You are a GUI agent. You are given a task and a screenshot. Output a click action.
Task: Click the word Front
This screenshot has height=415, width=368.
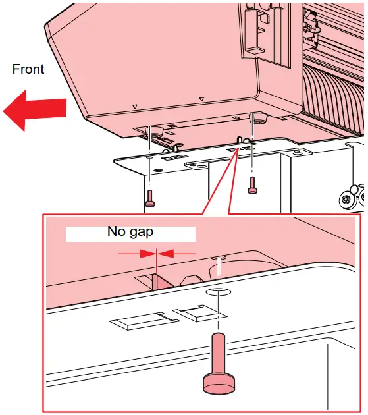(28, 69)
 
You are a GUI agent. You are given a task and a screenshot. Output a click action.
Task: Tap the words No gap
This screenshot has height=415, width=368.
(130, 232)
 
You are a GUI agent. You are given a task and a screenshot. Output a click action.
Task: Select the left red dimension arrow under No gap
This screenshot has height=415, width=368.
(134, 252)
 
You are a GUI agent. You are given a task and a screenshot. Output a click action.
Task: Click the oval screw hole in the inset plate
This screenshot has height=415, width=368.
(217, 292)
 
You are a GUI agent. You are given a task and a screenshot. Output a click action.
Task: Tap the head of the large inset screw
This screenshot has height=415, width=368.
(218, 383)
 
